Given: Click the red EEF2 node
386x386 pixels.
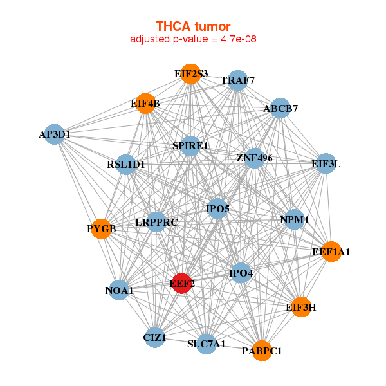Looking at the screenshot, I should (183, 283).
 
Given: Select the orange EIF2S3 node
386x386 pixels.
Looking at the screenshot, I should (190, 74).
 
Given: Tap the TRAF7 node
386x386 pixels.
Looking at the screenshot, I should (238, 80).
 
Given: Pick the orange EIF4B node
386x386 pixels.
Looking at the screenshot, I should (146, 104).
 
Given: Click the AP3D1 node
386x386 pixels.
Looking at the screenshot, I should (55, 134).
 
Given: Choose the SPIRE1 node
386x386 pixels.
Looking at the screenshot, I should (190, 147).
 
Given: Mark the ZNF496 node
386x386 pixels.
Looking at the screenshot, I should (254, 158).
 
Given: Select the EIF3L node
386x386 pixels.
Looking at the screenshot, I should (326, 164).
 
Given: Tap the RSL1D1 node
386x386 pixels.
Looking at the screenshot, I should (126, 165).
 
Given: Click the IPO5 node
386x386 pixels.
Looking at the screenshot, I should (217, 208).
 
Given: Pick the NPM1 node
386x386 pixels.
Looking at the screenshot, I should (295, 219).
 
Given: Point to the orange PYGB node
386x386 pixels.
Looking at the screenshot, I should (102, 228).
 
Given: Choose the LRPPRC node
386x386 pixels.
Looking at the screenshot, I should (156, 223).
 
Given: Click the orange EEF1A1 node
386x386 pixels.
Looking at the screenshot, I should (331, 252).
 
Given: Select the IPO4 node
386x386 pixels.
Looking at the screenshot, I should (241, 273).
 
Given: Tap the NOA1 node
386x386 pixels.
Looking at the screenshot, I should (119, 291).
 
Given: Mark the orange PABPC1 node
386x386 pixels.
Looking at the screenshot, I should (262, 351).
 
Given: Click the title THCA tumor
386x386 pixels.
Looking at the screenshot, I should (193, 26).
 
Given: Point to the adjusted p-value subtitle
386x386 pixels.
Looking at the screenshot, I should (193, 39).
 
